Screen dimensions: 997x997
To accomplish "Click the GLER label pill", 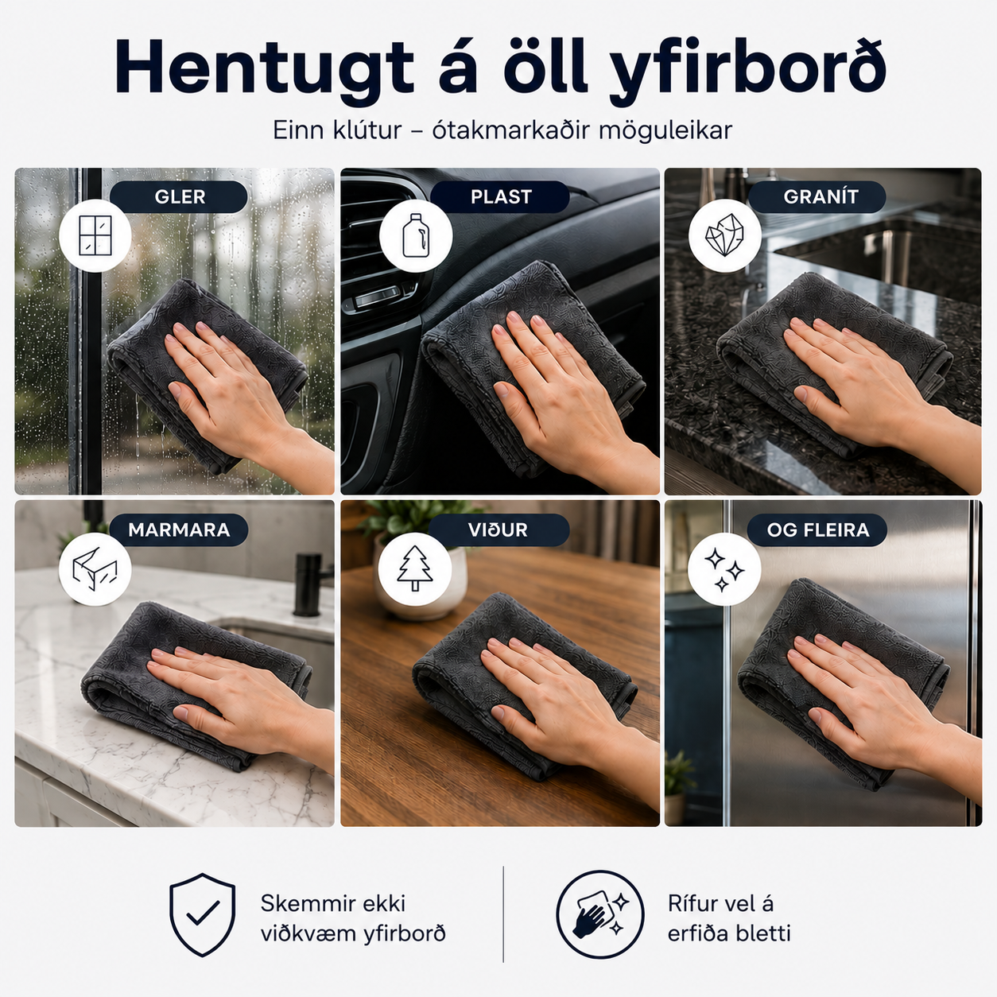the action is coord(179,196).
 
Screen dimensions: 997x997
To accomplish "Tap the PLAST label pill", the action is coord(500,196).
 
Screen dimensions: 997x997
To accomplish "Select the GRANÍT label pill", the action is coord(817,196).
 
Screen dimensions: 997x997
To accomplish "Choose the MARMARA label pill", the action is coord(179,530).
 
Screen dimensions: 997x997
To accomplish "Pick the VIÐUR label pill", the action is coord(498,530).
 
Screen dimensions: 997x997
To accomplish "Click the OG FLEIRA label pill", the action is coord(817,530).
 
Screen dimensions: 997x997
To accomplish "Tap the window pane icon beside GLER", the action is coord(95,235).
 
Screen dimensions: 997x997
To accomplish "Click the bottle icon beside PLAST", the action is coord(416,235).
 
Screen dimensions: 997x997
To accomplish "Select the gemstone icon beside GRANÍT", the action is coord(724,235).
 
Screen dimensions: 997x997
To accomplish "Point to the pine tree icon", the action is coord(414,568).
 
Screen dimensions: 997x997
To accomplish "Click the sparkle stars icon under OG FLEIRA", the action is coord(724,569).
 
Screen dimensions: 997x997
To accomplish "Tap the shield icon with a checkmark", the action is coord(203,915).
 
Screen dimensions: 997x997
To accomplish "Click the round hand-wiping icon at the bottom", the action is coord(600,915).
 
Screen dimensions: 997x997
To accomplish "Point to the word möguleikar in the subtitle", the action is coord(665,130).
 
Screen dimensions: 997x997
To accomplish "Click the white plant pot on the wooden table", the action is coord(420,584).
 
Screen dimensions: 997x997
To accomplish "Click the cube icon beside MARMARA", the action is coord(95,568).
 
